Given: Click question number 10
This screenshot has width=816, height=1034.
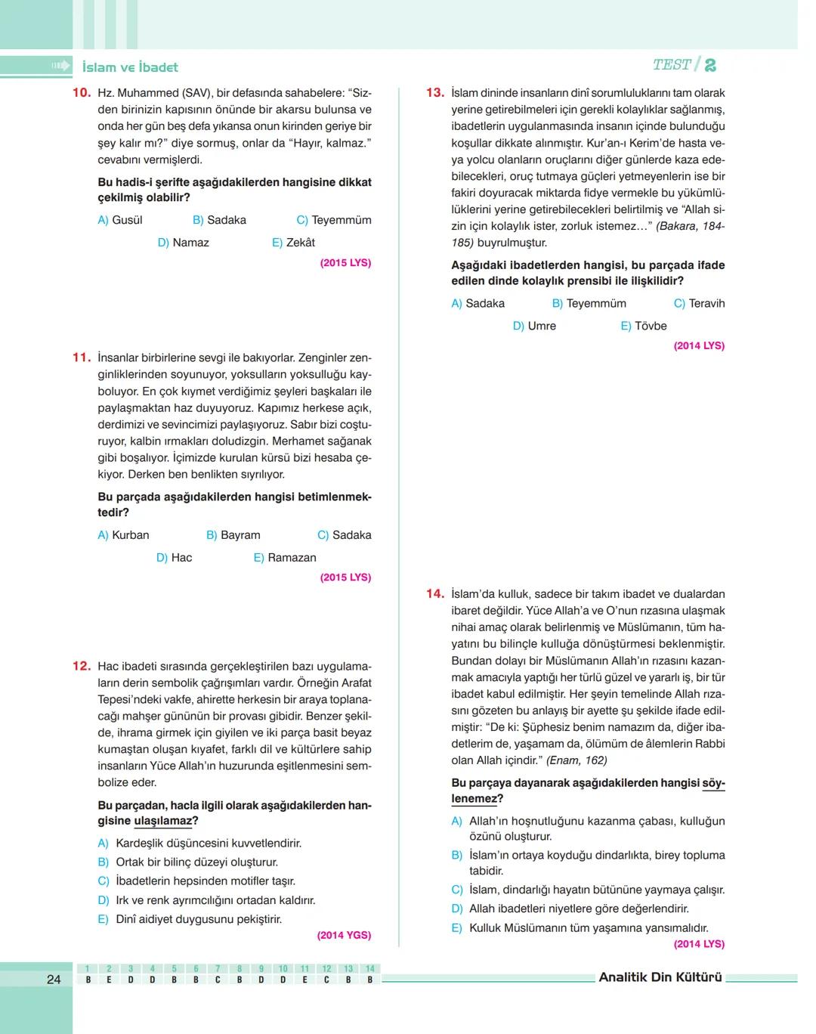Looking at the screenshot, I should pos(82,93).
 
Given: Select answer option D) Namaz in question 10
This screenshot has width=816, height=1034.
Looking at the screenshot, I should pos(183,243).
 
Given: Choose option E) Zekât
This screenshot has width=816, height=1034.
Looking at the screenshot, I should pos(293,243).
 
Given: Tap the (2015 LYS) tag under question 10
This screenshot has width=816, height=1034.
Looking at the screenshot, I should pos(345,263).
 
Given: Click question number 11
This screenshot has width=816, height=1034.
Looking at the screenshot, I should pos(82,358).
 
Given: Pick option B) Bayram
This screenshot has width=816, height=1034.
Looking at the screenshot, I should pos(233,535).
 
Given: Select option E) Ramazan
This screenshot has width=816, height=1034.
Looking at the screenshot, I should pos(285,558).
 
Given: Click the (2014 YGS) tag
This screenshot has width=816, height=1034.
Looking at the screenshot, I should pos(344,935).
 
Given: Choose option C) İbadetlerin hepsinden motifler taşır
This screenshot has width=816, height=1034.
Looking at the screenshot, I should pos(196,881).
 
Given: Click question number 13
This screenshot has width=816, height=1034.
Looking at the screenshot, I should pos(435,93).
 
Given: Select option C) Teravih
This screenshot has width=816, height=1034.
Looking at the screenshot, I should pos(699,304).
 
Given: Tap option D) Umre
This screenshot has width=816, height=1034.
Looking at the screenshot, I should pos(534,327).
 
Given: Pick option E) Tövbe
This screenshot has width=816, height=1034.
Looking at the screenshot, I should pos(644,327).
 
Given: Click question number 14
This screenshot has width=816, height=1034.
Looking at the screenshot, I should pos(435,594).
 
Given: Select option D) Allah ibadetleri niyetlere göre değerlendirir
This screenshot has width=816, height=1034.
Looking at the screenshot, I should pos(570,909).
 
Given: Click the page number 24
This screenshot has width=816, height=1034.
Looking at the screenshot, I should pos(54,980).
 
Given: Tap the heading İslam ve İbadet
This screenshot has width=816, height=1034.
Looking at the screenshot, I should pos(130,67).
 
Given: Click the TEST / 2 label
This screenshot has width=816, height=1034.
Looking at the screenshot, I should pos(684,65).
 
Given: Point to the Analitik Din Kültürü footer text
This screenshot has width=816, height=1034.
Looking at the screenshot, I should pos(660,977).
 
